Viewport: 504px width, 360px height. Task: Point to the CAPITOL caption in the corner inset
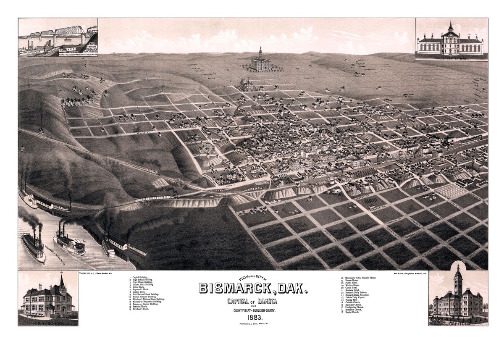[458, 323]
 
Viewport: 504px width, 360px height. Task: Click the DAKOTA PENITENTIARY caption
[451, 59]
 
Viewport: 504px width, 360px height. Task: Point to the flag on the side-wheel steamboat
[83, 241]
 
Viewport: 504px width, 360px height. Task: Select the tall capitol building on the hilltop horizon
[260, 61]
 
